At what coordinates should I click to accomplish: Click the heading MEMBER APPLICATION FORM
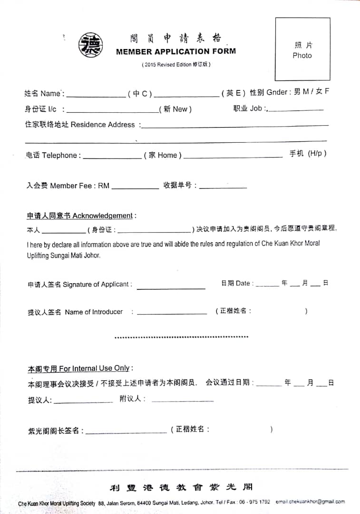[175, 51]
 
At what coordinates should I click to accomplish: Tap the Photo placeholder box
[302, 49]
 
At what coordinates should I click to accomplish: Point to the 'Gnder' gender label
[277, 92]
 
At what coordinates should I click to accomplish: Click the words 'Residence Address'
[103, 125]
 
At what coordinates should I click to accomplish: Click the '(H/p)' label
[317, 153]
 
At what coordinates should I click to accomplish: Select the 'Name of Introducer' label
[94, 312]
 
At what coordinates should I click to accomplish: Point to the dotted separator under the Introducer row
[181, 337]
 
